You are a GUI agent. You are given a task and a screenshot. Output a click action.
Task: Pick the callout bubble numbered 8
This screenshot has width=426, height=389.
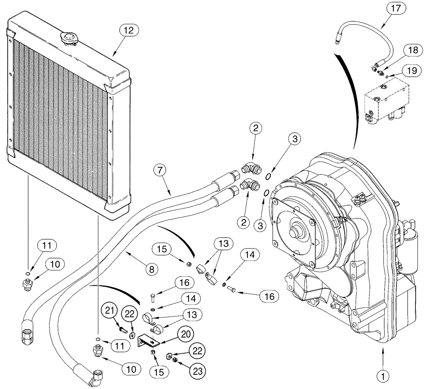click(x=151, y=268)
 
